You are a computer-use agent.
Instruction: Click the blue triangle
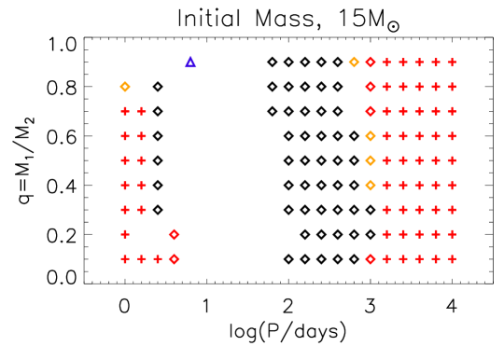(190, 62)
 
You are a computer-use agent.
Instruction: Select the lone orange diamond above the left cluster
(125, 87)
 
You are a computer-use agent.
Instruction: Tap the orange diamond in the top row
(354, 62)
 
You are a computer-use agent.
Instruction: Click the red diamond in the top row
(371, 62)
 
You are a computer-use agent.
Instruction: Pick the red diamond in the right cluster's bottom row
(371, 259)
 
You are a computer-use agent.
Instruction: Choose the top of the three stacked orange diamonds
(371, 136)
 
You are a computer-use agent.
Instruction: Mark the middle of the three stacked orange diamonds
(371, 160)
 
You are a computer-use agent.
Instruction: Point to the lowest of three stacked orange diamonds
(371, 185)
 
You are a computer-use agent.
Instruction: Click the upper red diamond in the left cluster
(175, 234)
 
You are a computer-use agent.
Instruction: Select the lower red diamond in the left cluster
(175, 259)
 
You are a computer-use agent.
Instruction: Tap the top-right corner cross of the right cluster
(452, 62)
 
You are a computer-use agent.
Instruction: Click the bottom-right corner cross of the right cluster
(452, 259)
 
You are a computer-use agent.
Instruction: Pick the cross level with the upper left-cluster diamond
(125, 234)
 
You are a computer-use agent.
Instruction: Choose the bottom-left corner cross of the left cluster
(125, 259)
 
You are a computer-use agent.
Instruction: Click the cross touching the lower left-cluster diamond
(158, 259)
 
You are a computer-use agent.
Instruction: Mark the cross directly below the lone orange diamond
(125, 111)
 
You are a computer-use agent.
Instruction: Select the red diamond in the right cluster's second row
(371, 87)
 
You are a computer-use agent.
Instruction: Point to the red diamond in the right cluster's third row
(371, 111)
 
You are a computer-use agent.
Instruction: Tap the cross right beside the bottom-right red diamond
(386, 259)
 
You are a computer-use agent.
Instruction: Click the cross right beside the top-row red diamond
(386, 62)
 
